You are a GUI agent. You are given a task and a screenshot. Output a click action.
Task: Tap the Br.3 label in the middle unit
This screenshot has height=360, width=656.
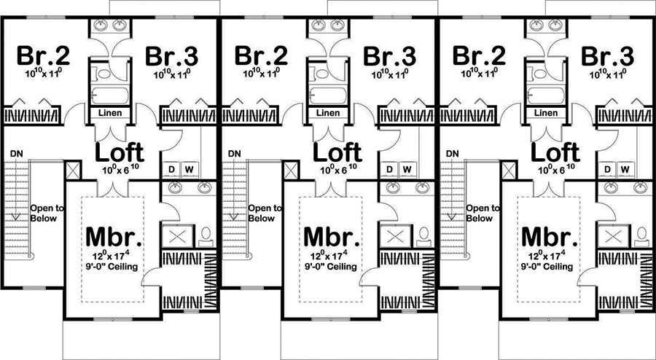click(390, 56)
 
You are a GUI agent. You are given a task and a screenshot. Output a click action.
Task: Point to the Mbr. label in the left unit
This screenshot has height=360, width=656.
click(114, 238)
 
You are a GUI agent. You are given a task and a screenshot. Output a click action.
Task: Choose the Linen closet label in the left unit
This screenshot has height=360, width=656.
click(110, 113)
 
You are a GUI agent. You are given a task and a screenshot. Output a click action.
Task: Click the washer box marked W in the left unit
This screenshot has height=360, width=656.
click(188, 170)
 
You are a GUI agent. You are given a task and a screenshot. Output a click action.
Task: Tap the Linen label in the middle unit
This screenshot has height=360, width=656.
click(328, 113)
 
